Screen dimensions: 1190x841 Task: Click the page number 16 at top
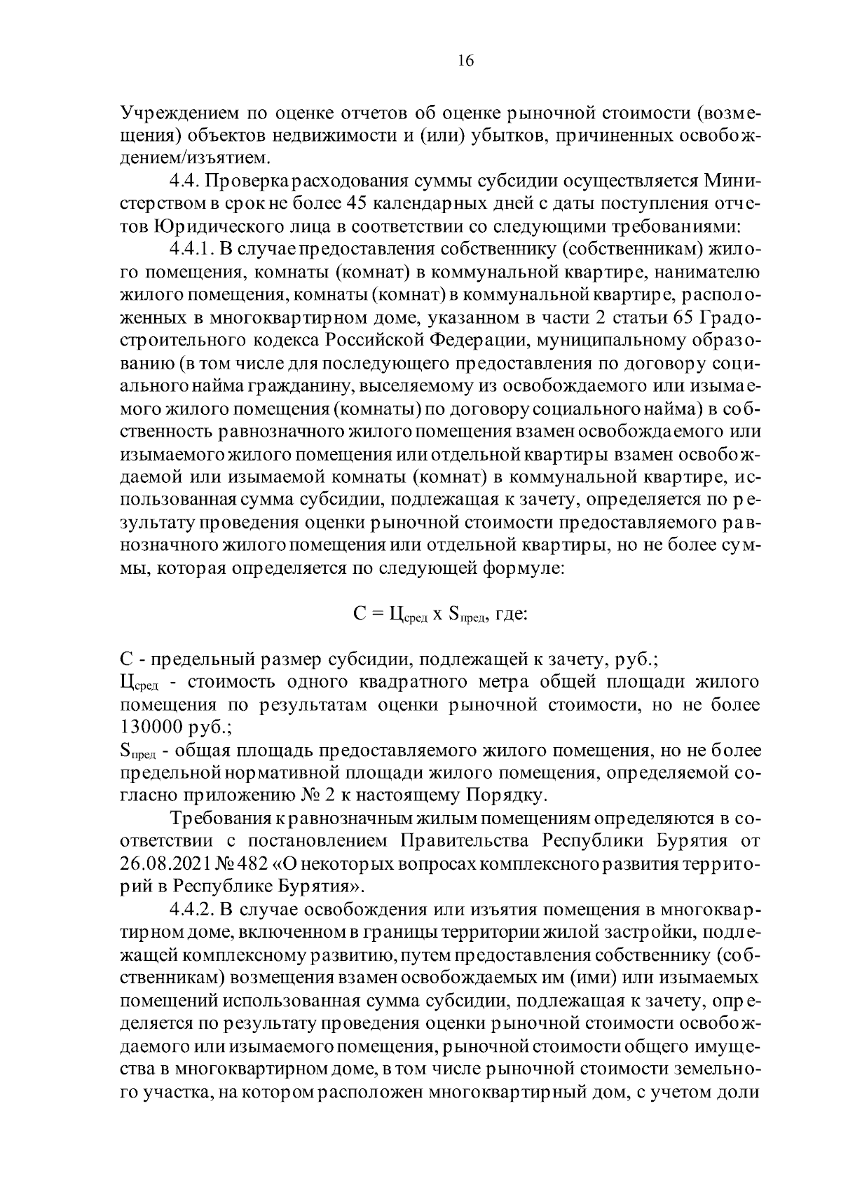pos(465,61)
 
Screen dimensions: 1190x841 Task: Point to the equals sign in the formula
pos(376,615)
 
